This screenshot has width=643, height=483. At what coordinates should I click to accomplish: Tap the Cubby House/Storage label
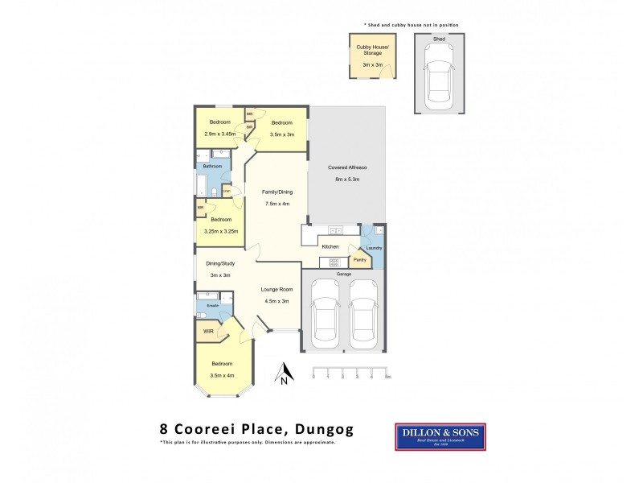(x=373, y=50)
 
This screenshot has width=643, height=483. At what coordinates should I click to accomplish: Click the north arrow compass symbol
(x=283, y=375)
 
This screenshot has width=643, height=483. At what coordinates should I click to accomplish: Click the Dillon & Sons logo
(x=440, y=438)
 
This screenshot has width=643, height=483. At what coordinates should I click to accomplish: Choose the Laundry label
(x=375, y=248)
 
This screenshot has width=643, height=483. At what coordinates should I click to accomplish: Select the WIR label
(x=207, y=331)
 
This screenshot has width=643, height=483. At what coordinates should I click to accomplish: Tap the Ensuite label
(x=213, y=306)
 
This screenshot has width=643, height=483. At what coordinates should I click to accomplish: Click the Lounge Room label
(x=276, y=289)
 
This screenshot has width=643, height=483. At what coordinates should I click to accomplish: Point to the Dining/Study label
(x=219, y=263)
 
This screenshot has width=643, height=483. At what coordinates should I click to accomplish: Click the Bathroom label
(x=212, y=166)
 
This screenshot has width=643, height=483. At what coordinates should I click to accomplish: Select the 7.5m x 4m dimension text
(x=276, y=204)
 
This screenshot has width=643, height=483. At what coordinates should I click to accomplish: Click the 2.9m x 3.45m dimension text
(x=219, y=134)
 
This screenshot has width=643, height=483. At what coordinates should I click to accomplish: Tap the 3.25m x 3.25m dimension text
(x=221, y=230)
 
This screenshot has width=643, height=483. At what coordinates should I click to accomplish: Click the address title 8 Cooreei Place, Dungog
(x=256, y=430)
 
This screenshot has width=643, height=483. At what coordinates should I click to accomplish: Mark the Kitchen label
(x=330, y=246)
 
